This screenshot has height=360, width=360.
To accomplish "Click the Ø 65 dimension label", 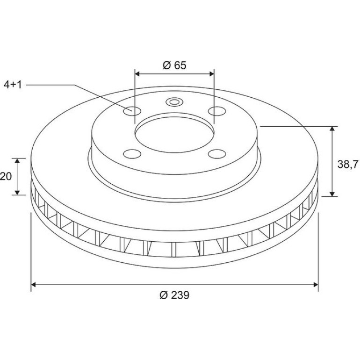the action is point(174,65).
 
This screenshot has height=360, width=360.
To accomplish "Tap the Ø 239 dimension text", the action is point(174,295).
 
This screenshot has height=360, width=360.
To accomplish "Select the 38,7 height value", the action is point(347,165).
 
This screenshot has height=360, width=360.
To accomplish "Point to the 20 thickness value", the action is point(6,177).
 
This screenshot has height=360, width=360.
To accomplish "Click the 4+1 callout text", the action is point(13,85).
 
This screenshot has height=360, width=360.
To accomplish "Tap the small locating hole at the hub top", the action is point(174,102).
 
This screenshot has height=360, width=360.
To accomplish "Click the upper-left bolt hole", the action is point(132,111).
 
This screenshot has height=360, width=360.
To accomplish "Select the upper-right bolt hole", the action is point(217,111).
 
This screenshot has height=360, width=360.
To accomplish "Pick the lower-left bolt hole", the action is point(132,154).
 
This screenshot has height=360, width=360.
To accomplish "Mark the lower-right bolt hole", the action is point(217,154).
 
